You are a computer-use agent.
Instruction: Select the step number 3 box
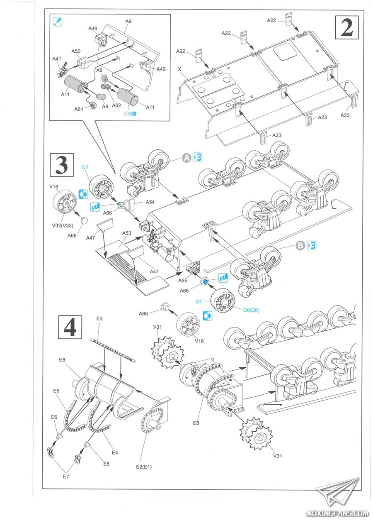[61, 165]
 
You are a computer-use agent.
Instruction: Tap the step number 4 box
[70, 328]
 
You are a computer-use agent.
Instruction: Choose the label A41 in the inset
[57, 59]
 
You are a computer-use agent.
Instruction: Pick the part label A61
[79, 109]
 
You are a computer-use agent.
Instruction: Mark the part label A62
[116, 105]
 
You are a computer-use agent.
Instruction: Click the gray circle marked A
[186, 157]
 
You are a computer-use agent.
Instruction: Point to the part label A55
[183, 281]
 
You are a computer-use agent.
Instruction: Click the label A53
[126, 233]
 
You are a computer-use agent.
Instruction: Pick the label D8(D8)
[252, 310]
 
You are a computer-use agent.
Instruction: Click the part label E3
[99, 318]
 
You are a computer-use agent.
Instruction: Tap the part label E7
[66, 477]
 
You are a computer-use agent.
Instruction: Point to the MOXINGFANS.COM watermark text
[337, 513]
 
